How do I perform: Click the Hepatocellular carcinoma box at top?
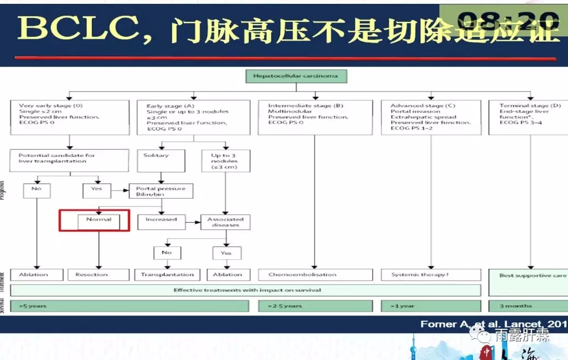[296, 76]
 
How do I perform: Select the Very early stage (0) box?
[69, 117]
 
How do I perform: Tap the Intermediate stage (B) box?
[314, 117]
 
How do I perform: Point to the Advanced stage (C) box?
[431, 117]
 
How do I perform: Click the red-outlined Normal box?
[94, 220]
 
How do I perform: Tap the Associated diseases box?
[225, 222]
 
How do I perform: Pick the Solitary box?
[161, 160]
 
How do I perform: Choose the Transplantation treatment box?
[167, 274]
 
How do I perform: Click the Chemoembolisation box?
[314, 274]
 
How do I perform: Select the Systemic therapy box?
[431, 274]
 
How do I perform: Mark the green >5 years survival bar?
[130, 306]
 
